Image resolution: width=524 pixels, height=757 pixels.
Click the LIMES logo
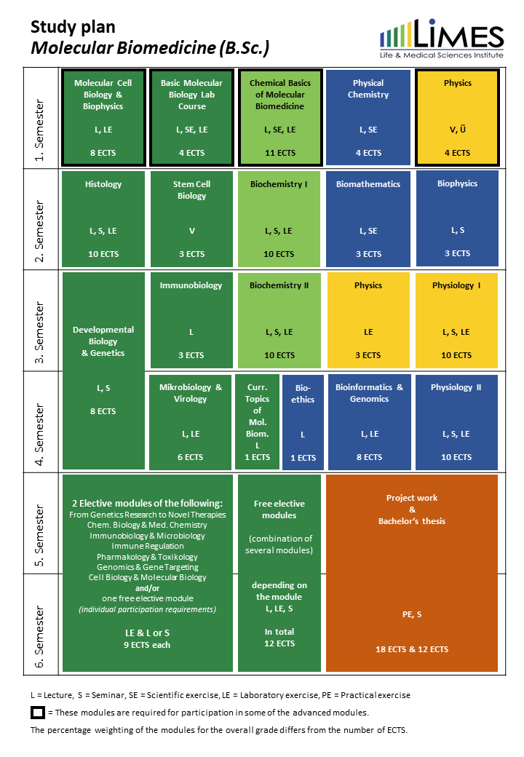[x=441, y=41]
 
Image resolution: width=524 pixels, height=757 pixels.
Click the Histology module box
[x=103, y=219]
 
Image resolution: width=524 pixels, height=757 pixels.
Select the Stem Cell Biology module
[x=192, y=219]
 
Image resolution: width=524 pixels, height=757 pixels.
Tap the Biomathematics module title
[x=368, y=184]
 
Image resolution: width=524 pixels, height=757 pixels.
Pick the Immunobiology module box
[x=191, y=320]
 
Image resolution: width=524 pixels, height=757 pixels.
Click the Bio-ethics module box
[x=303, y=422]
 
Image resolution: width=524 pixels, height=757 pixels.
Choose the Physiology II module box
[x=456, y=422]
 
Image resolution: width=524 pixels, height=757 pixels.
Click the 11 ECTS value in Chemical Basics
[x=279, y=153]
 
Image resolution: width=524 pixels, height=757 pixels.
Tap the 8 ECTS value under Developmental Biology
[x=103, y=411]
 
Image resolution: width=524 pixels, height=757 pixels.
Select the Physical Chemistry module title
[x=368, y=89]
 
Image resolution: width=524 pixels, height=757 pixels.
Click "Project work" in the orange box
[x=412, y=498]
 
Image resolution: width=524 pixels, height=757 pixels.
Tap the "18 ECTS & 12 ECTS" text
[x=412, y=649]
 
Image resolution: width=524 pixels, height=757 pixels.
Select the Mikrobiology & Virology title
[x=191, y=393]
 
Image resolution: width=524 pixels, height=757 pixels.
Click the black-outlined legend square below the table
[x=38, y=712]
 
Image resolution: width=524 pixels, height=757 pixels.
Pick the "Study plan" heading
[x=73, y=27]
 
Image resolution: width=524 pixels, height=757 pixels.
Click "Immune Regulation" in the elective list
[x=149, y=546]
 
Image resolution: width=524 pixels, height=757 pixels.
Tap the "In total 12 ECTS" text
[x=279, y=638]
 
